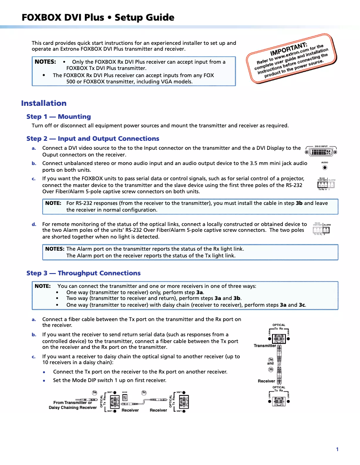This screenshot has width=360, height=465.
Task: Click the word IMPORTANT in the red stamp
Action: pyautogui.click(x=289, y=48)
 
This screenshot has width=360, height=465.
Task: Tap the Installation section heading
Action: pyautogui.click(x=44, y=103)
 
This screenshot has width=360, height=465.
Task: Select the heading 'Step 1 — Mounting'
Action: pyautogui.click(x=58, y=117)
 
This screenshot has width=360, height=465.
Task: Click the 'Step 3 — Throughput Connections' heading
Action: pyautogui.click(x=83, y=273)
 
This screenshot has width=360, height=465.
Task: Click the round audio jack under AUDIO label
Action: pyautogui.click(x=325, y=168)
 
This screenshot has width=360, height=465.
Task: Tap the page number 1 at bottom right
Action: pyautogui.click(x=337, y=449)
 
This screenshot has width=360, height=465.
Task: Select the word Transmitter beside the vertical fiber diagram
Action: pyautogui.click(x=265, y=346)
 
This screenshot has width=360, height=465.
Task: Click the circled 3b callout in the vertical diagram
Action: pyautogui.click(x=271, y=369)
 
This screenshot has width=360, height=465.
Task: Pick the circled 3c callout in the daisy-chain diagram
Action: pyautogui.click(x=144, y=393)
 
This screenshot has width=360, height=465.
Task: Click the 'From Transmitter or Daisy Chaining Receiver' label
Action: pyautogui.click(x=73, y=405)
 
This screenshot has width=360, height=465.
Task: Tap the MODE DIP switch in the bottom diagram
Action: pyautogui.click(x=125, y=398)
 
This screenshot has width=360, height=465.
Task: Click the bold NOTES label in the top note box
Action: pyautogui.click(x=45, y=62)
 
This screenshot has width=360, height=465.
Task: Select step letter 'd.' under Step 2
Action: pyautogui.click(x=34, y=224)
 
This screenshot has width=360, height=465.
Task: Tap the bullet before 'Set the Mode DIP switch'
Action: pyautogui.click(x=44, y=380)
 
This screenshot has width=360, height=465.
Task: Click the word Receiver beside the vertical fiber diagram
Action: pyautogui.click(x=266, y=381)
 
